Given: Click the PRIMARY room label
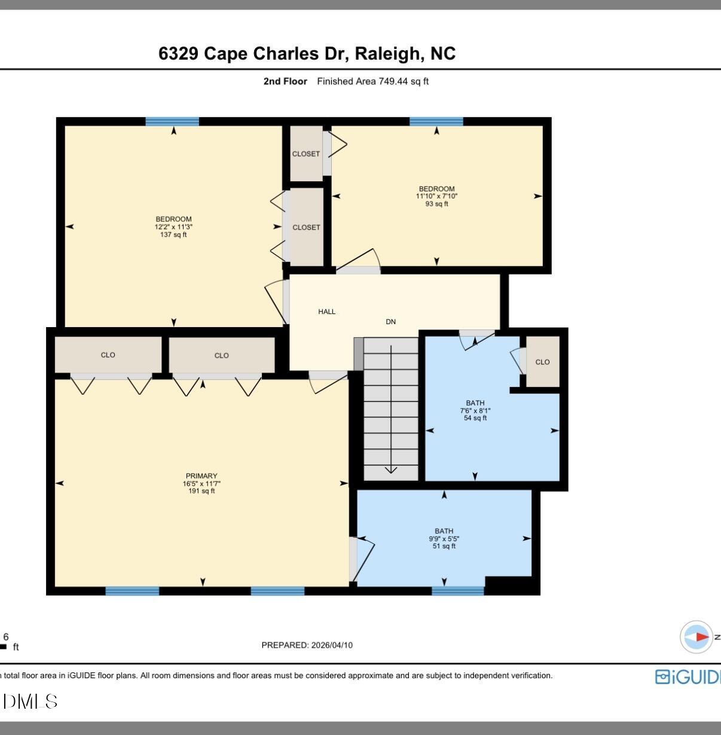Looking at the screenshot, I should coord(201,476).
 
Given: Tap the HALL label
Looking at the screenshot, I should coord(326,312).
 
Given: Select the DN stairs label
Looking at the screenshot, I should coord(390,322).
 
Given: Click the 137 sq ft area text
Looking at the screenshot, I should coord(173,235).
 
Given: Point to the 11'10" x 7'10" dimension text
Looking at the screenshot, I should coord(436,196).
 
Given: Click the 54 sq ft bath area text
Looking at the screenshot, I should coord(475,418).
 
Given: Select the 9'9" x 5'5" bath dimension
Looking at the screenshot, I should coord(444,538).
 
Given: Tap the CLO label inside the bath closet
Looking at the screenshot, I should coord(542,362).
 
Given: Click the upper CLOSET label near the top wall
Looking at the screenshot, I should coord(305,154).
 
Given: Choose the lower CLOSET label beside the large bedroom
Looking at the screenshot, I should coord(306,227).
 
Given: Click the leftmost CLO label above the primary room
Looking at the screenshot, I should coord(108,355).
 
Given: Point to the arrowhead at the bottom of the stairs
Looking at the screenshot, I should coord(390,469).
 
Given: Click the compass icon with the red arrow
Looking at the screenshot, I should coord(696,637).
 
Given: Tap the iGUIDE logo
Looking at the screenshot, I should coord(688,676).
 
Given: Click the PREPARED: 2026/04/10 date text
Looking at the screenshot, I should coord(307,645).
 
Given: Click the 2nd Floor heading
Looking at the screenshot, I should coord(285,81).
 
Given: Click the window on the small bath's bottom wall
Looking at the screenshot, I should coord(458,591).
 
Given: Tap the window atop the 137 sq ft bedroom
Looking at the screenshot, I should coord(172,121).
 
